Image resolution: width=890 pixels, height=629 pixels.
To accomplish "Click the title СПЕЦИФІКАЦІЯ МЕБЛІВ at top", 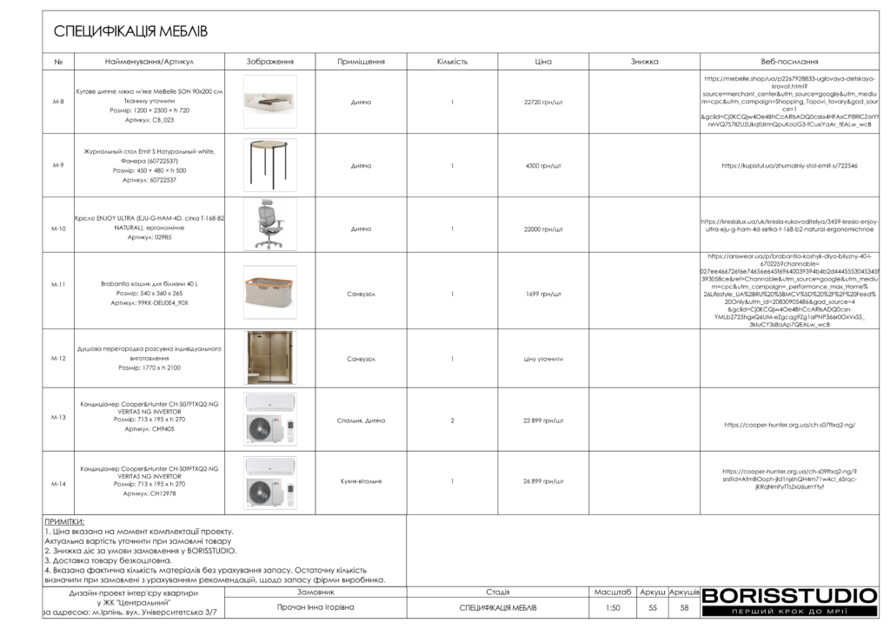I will [x=130, y=32].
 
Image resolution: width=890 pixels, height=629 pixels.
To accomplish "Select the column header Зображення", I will [x=269, y=62].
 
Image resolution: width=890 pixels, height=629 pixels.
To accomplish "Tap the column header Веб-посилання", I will [x=789, y=62].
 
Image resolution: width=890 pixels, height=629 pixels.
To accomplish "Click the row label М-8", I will [x=58, y=102].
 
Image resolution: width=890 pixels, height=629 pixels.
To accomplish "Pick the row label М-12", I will [x=58, y=358].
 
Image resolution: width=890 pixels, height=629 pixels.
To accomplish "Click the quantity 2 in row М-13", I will [x=452, y=420].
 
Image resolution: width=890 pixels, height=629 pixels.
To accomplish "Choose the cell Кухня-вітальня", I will [x=361, y=481].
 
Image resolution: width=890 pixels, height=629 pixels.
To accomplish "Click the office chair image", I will [x=269, y=225].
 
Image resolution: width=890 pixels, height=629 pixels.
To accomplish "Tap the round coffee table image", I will [x=269, y=164].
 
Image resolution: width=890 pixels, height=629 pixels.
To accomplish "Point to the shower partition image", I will [x=269, y=357].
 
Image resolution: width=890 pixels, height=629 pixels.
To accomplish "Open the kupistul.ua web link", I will [x=789, y=165].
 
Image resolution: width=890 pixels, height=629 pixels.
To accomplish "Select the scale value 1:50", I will [x=613, y=608].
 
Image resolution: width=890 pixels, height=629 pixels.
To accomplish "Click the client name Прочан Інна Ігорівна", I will [x=315, y=608].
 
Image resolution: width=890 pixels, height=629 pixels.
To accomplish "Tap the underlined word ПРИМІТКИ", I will [x=64, y=521].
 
